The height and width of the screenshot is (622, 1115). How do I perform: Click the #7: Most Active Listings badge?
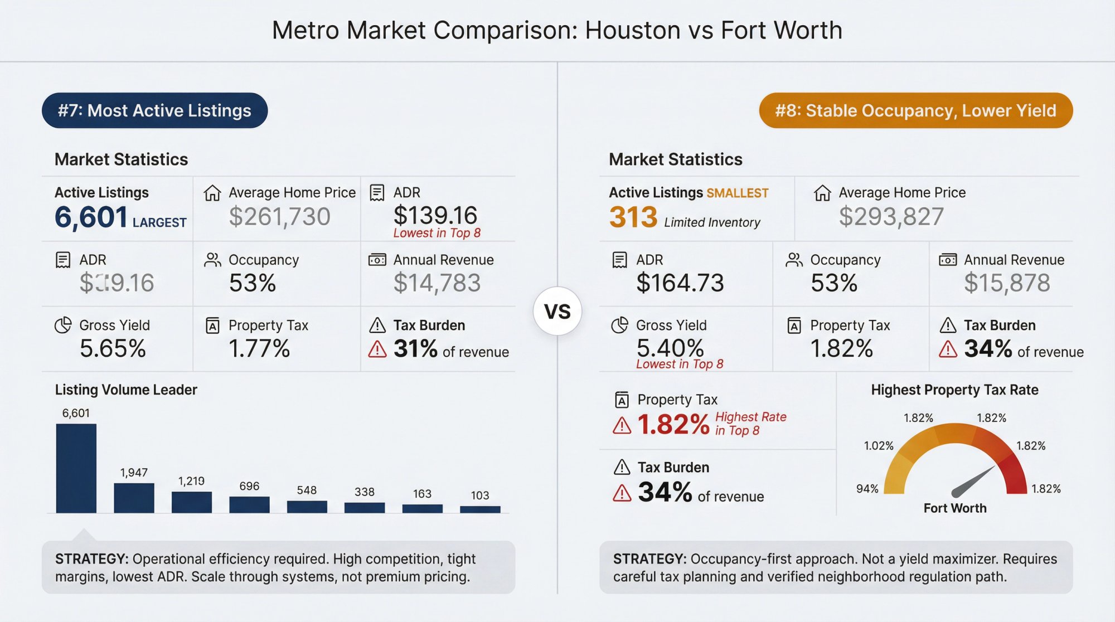click(x=154, y=110)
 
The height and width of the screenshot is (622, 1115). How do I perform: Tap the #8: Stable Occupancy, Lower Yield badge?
click(x=915, y=110)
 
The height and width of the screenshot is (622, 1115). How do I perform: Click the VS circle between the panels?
click(x=557, y=311)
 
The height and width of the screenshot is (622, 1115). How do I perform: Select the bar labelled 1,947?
click(x=134, y=497)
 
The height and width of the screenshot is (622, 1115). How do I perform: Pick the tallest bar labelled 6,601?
click(x=76, y=468)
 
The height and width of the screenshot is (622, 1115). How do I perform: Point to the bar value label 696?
click(x=249, y=486)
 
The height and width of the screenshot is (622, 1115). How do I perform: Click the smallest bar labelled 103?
click(x=480, y=509)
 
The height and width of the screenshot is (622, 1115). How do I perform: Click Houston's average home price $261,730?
click(x=279, y=216)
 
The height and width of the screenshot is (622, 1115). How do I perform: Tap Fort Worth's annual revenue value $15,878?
click(x=1007, y=283)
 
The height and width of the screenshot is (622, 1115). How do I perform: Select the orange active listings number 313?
click(x=633, y=217)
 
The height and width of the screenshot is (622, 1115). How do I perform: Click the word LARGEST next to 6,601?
click(x=159, y=222)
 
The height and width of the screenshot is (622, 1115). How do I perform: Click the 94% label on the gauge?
click(x=867, y=489)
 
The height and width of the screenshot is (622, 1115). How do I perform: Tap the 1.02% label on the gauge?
click(x=879, y=445)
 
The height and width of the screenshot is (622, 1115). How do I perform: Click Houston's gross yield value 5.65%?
click(x=113, y=348)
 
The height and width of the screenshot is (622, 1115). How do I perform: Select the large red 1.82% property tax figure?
click(x=673, y=425)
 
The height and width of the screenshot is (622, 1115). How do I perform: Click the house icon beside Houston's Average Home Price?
click(x=212, y=193)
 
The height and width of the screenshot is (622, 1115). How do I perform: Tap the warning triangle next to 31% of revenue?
click(x=377, y=349)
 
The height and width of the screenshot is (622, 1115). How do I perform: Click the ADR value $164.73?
click(x=680, y=283)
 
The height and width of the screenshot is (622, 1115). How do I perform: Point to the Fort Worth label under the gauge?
click(x=954, y=508)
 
